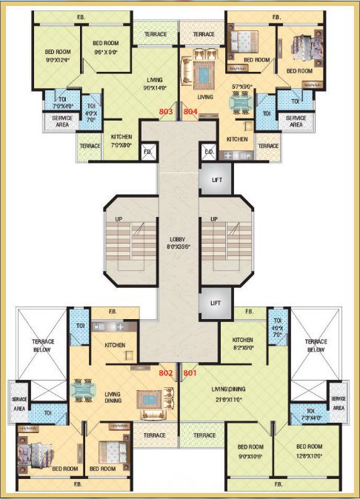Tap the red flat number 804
(x=191, y=112)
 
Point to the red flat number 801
(x=190, y=372)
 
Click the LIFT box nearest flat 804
(x=215, y=179)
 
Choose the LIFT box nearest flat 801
(x=215, y=304)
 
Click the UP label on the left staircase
(x=118, y=220)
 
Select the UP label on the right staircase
(x=215, y=220)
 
